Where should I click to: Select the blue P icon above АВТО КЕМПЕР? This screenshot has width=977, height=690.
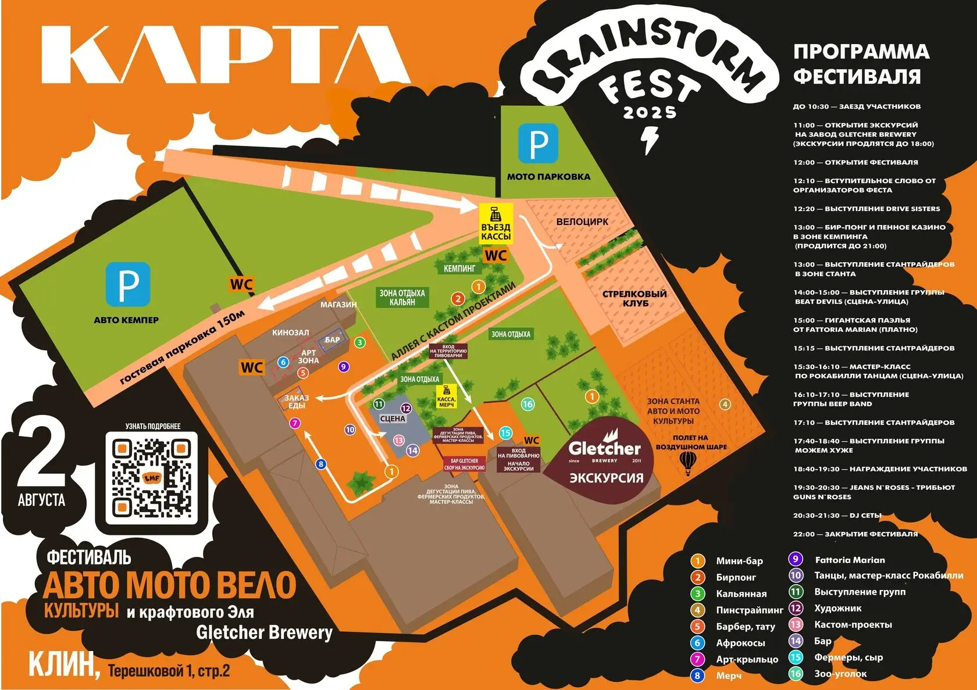coord(128,284)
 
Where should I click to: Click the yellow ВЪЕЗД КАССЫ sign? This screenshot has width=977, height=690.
coord(495,224)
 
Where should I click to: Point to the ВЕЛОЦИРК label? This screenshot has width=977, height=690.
coord(582,221)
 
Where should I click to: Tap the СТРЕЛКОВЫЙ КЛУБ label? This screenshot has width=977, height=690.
coord(634,298)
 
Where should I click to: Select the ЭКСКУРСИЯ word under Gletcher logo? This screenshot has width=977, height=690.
coord(606,478)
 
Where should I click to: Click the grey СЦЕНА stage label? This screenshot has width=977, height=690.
coord(393,419)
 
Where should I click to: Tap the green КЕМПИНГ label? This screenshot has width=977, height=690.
coord(459,269)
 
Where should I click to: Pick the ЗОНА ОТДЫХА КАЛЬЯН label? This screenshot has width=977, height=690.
coord(402,298)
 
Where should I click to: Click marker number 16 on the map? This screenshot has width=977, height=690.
coord(527,404)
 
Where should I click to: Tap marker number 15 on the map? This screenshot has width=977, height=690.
coord(505,432)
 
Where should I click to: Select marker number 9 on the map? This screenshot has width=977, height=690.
coord(344,366)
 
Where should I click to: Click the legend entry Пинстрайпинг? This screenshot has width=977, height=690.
coord(749,610)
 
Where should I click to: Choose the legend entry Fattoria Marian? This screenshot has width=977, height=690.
coord(849,560)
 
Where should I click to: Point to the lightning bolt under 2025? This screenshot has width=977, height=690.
coord(648,140)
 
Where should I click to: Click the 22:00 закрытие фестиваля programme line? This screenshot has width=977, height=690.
coord(855,534)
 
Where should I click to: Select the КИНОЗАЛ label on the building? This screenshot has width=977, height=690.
coord(290,333)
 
